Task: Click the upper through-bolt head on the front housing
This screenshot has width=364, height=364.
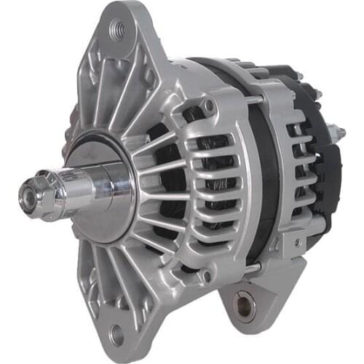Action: click(210, 107)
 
